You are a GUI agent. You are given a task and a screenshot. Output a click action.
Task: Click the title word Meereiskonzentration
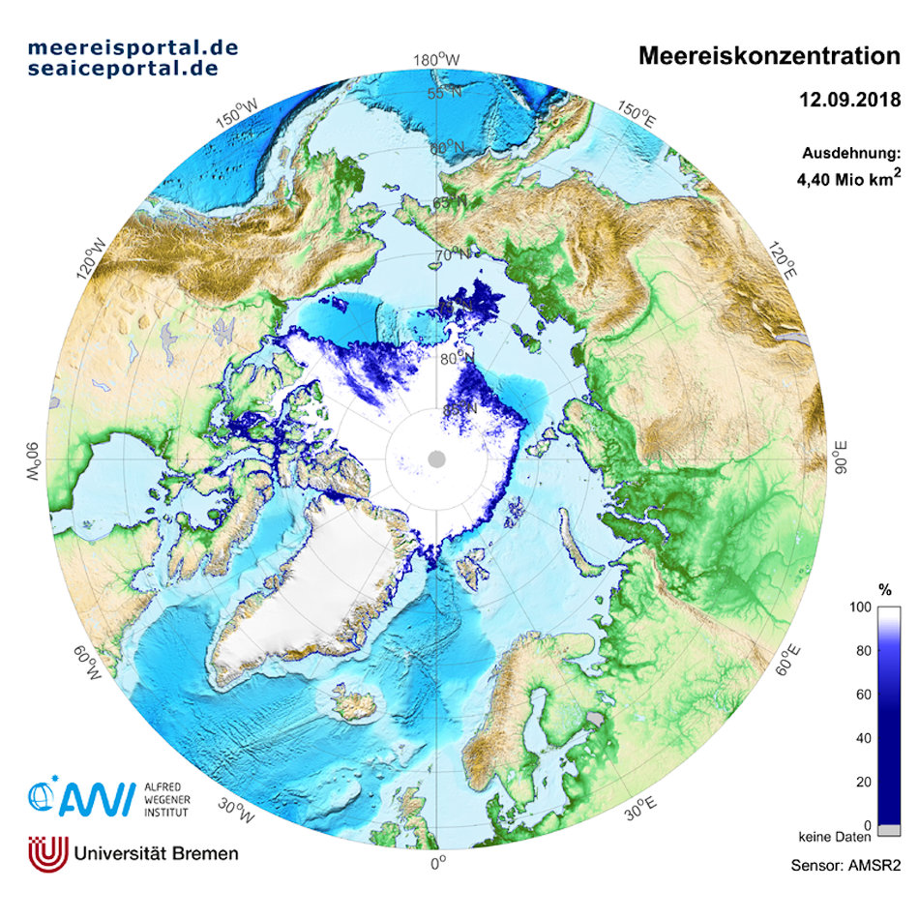point(769,56)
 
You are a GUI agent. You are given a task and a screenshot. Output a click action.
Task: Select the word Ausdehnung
point(851,153)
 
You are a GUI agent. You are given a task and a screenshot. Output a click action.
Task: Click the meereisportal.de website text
point(133,46)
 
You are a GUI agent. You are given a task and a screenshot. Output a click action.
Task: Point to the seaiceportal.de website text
point(123,69)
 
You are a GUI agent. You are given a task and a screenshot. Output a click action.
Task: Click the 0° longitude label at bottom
point(436,862)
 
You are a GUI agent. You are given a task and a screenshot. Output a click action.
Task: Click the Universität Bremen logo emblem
point(46,852)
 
